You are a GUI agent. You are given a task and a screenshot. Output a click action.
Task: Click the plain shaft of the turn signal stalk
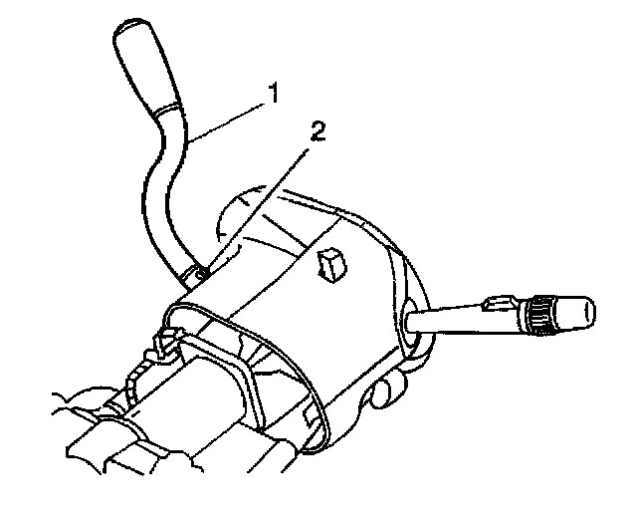tap(448, 321)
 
